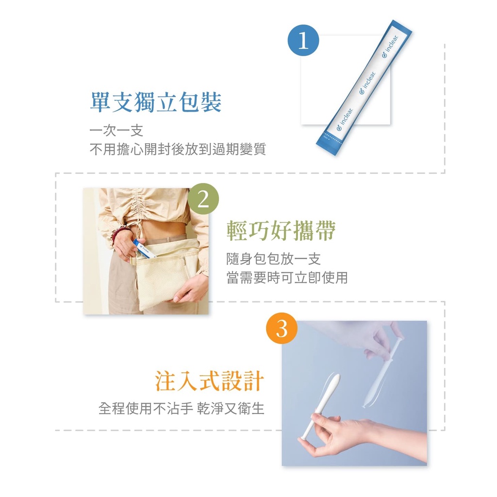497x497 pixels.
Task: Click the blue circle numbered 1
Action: pos(303,40)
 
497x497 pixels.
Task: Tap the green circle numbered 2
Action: pos(203,199)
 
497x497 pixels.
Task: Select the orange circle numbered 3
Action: pos(282,329)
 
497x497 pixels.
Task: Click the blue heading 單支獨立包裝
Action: pos(156,102)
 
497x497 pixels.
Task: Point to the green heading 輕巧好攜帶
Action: pos(281,231)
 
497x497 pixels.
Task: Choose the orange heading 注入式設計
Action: pos(209,381)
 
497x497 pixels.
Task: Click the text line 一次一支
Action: pos(116,131)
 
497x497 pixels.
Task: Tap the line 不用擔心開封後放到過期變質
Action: pos(178,149)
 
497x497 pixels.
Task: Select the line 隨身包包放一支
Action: pos(274,259)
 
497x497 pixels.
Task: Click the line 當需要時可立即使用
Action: pos(287,278)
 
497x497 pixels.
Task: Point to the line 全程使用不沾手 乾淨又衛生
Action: pos(182,408)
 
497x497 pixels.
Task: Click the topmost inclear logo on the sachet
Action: pos(390,47)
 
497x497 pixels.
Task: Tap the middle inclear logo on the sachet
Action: pos(367,83)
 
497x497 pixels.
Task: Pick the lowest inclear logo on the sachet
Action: pos(345,119)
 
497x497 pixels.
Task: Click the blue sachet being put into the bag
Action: pos(143,248)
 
